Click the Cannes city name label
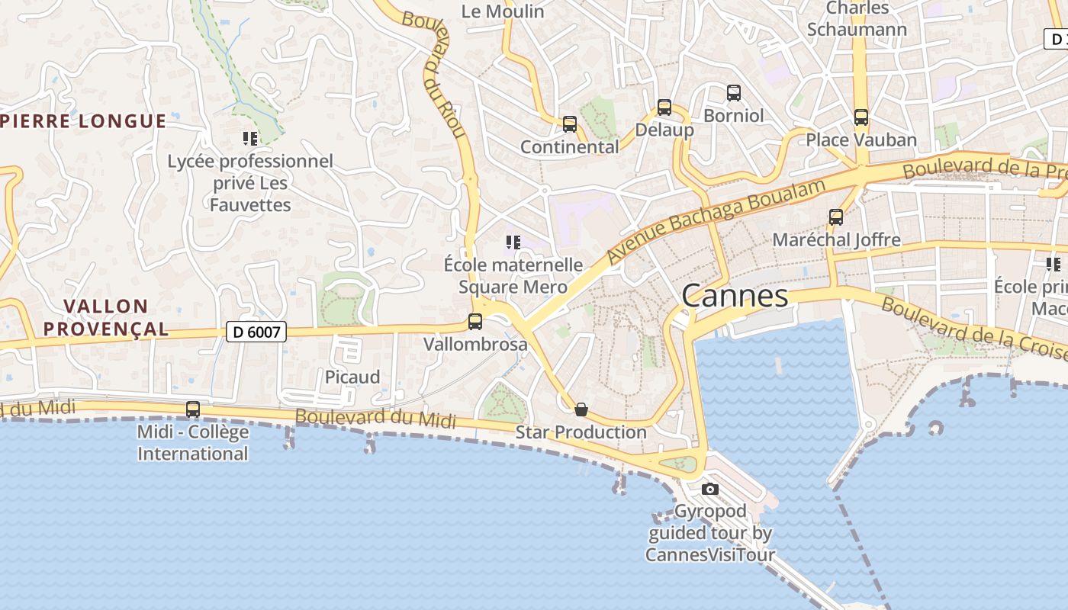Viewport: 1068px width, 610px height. (735, 296)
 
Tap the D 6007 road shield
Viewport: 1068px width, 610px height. (256, 332)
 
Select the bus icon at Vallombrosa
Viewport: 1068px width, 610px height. (475, 322)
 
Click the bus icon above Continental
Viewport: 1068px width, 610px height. (569, 124)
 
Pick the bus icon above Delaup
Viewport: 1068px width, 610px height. (664, 108)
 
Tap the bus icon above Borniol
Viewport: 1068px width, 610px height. (734, 93)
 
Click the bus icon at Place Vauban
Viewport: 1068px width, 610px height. (861, 117)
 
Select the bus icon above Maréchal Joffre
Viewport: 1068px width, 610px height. (836, 217)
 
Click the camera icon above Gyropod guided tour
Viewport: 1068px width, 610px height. (710, 489)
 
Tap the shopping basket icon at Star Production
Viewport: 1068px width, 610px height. (581, 409)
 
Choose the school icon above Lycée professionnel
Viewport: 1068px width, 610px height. (250, 138)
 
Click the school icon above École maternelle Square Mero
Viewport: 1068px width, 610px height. (513, 242)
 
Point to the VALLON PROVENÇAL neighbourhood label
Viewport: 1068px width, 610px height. (105, 317)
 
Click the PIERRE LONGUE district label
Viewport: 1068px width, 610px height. (84, 120)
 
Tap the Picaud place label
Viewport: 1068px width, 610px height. (352, 377)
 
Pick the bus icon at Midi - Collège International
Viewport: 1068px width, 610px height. (193, 409)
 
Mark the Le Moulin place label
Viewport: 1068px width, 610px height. (503, 11)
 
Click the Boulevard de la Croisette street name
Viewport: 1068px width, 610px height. (973, 328)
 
